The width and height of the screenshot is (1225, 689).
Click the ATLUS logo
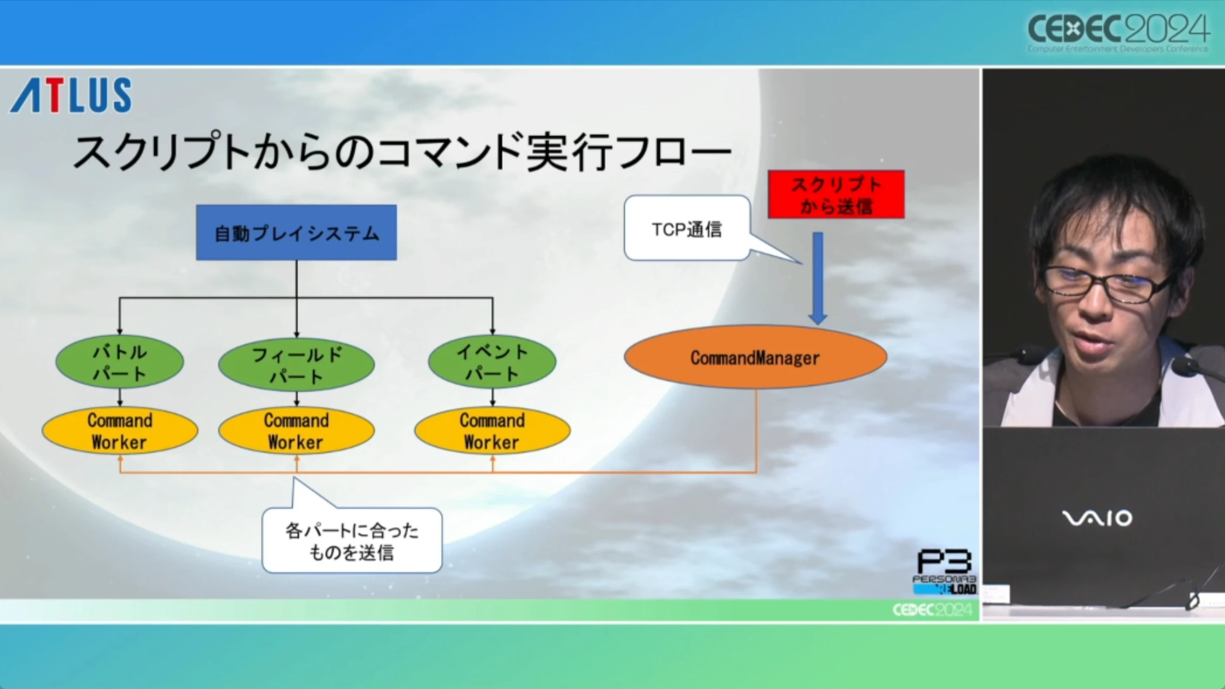(x=71, y=95)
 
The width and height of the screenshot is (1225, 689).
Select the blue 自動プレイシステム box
(x=296, y=233)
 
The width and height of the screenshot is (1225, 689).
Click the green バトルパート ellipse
(x=120, y=362)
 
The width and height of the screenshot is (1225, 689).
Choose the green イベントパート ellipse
(x=492, y=362)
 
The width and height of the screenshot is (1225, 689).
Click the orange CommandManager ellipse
(x=755, y=357)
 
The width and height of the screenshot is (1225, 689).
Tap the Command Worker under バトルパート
(x=120, y=431)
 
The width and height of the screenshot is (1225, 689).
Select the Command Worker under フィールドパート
(x=296, y=431)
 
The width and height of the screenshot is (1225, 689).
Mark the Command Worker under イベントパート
(x=492, y=431)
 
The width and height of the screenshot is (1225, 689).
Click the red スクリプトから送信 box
(x=836, y=195)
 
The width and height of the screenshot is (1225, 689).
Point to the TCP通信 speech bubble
(x=687, y=229)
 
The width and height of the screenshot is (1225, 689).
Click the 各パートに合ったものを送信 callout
(x=351, y=540)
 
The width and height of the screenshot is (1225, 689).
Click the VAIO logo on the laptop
(x=1096, y=518)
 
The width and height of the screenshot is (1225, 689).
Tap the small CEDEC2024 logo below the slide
(x=932, y=610)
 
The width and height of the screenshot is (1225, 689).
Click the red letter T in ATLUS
(x=54, y=95)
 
